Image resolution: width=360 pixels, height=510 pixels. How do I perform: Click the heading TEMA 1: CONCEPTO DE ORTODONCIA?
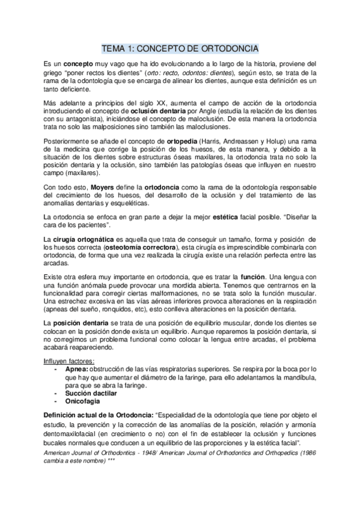click(x=180, y=48)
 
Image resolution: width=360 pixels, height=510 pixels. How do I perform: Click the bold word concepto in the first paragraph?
click(x=78, y=64)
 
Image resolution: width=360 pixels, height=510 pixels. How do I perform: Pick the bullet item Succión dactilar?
click(x=91, y=392)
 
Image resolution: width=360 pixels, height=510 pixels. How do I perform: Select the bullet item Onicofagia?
click(x=82, y=400)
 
